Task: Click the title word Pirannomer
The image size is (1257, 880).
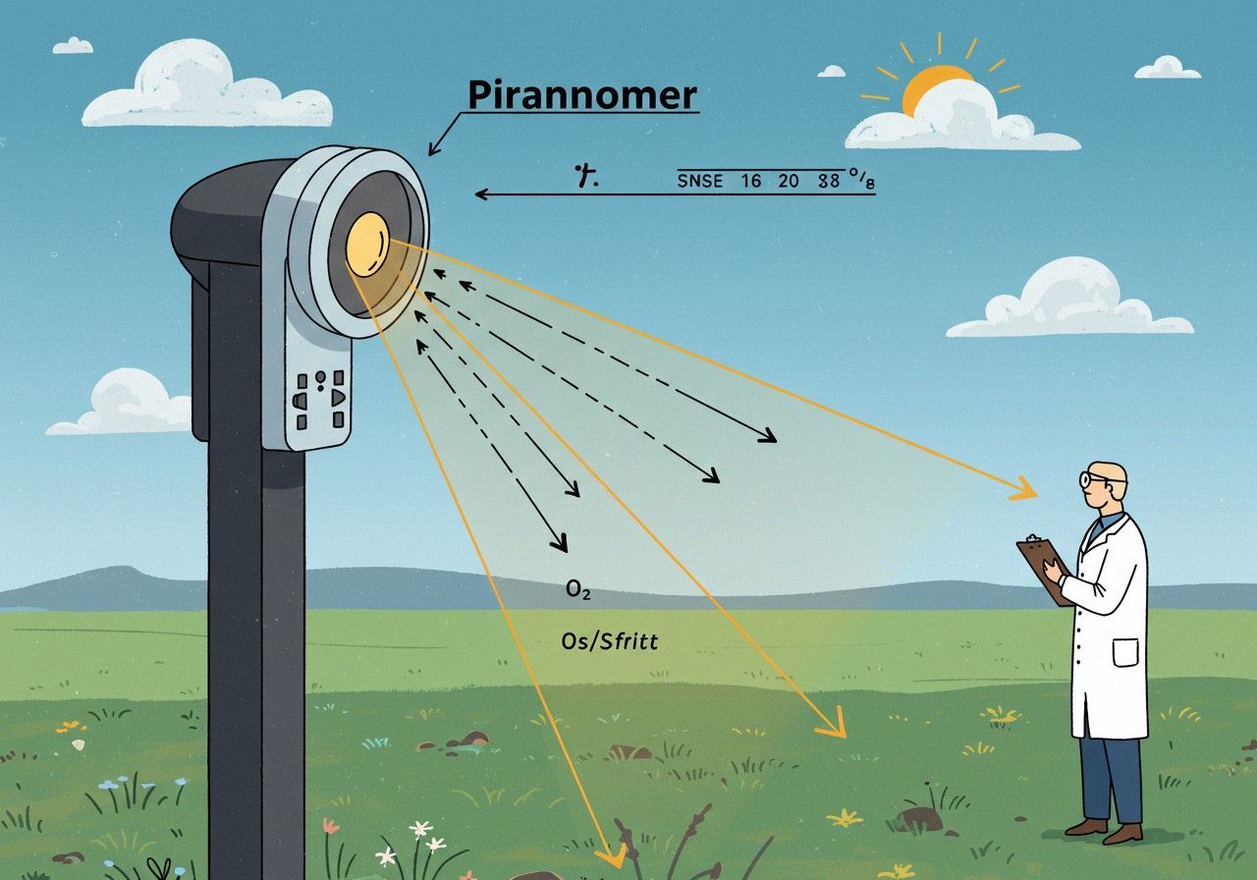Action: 581,95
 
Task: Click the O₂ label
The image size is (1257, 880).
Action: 578,592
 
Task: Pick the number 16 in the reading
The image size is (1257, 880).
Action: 751,182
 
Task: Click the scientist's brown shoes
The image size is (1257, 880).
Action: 1105,830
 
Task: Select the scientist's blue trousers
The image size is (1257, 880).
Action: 1110,776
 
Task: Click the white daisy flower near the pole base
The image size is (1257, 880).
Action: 423,831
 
